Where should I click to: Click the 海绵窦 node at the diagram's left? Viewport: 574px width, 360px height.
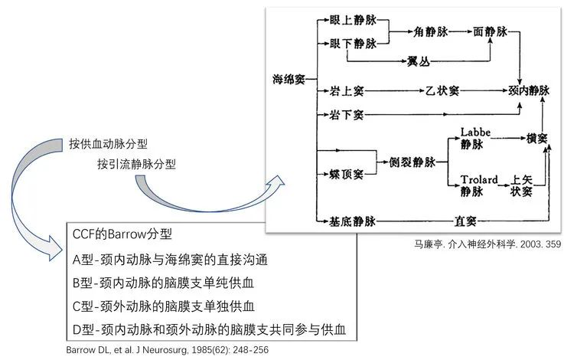click(x=289, y=79)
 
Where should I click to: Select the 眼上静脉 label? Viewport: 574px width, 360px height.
click(x=353, y=20)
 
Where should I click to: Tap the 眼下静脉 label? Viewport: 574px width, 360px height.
click(x=353, y=44)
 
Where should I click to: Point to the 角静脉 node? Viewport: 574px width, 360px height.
click(x=431, y=32)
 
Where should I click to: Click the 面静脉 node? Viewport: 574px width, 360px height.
click(x=490, y=32)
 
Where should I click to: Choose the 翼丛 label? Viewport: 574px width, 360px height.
click(x=419, y=61)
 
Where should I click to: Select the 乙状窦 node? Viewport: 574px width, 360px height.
click(x=442, y=90)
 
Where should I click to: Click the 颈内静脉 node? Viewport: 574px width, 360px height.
click(x=529, y=90)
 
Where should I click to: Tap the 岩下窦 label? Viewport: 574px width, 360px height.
click(x=346, y=115)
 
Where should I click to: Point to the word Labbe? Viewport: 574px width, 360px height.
click(x=475, y=132)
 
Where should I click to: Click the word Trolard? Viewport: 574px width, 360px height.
click(x=479, y=179)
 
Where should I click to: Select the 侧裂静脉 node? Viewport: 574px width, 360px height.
click(x=413, y=162)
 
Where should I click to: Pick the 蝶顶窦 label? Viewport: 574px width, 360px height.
click(x=346, y=175)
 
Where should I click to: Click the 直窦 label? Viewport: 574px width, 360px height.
click(x=465, y=221)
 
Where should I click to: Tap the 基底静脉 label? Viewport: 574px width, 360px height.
click(x=352, y=221)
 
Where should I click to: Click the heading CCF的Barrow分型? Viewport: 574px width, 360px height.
click(x=122, y=234)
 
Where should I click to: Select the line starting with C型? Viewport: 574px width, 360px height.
click(x=163, y=306)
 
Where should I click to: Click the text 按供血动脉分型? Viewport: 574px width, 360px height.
click(x=108, y=144)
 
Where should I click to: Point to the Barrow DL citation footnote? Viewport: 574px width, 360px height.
click(x=168, y=350)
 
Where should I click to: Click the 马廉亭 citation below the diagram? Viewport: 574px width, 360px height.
click(x=488, y=244)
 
